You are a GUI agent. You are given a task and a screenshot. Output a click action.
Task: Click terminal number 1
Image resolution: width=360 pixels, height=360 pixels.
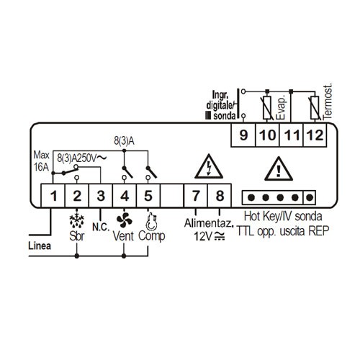(x=53, y=196)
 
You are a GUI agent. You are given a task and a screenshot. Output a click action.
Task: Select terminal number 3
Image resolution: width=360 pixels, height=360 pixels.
(x=101, y=196)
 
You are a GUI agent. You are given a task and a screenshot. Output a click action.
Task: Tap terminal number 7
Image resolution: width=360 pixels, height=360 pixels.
(x=196, y=196)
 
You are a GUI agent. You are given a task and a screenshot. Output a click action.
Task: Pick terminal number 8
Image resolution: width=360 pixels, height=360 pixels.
(x=220, y=196)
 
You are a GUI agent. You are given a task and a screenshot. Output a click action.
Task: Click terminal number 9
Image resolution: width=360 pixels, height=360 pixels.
(x=243, y=135)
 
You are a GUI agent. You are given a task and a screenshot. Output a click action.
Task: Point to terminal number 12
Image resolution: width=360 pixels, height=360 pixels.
(x=315, y=135)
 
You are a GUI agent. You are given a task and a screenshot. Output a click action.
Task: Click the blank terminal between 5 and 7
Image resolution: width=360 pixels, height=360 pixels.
(x=172, y=196)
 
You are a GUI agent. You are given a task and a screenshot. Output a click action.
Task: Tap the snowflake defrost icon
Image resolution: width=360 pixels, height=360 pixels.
(x=76, y=220)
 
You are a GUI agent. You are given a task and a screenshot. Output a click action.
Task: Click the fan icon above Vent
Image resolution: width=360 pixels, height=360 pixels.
(x=124, y=220)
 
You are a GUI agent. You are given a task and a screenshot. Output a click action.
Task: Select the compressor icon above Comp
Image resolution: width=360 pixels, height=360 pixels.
(x=151, y=222)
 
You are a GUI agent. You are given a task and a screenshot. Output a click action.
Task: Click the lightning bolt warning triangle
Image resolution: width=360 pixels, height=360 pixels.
(x=209, y=166)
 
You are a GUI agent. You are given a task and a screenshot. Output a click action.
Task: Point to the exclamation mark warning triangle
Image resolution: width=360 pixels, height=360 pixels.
(x=279, y=168)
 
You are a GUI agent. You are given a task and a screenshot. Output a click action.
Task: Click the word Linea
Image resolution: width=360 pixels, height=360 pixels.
(x=40, y=246)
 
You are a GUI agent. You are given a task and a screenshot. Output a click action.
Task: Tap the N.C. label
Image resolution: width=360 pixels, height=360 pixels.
(x=101, y=227)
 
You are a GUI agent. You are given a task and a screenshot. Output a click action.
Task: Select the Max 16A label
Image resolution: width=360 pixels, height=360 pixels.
(x=41, y=161)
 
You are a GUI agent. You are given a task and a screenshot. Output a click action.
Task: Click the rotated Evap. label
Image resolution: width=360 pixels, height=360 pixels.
(x=281, y=108)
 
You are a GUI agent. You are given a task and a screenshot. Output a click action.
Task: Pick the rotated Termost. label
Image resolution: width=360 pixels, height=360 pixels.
(x=328, y=102)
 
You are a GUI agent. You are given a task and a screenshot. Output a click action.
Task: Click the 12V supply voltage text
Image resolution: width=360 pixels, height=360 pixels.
(x=210, y=236)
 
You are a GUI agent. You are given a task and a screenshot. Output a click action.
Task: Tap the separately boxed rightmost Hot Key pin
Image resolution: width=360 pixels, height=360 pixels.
(x=310, y=197)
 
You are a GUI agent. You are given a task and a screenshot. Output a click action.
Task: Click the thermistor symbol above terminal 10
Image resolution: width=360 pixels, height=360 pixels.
(x=267, y=108)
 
